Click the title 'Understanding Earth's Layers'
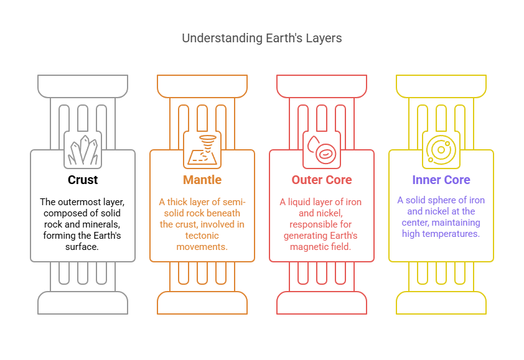(x=261, y=38)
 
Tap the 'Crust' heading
(x=83, y=180)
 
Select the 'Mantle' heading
(x=202, y=180)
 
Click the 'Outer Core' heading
(x=322, y=180)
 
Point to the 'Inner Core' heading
(x=441, y=180)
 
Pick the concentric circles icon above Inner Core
(x=441, y=150)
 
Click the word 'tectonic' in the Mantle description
(x=202, y=236)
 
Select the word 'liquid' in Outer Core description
(x=300, y=202)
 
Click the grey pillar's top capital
(x=83, y=86)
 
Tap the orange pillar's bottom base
(x=202, y=303)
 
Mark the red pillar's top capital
(x=322, y=86)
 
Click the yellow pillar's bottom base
(x=441, y=303)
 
